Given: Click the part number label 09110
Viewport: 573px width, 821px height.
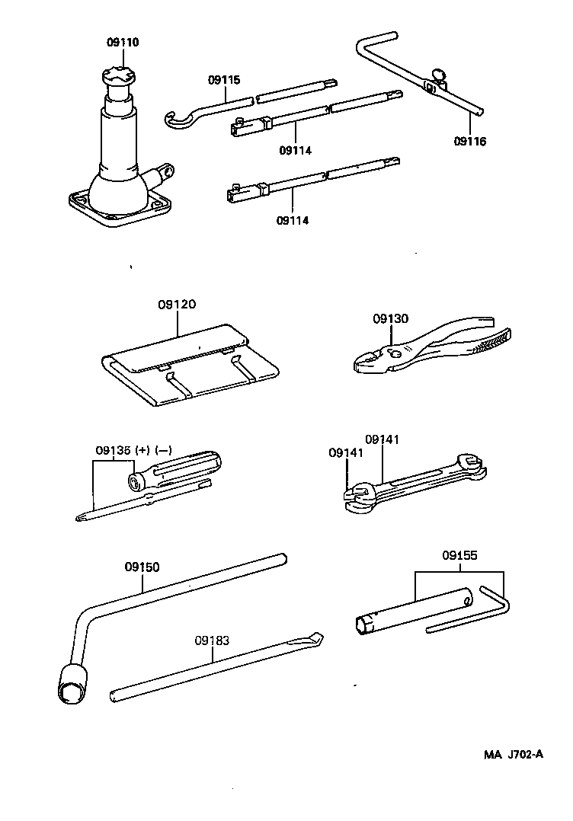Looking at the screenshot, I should [x=118, y=43].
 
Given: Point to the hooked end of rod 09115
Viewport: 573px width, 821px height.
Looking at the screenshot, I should [x=174, y=117].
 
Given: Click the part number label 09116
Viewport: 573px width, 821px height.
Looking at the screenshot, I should [x=469, y=141].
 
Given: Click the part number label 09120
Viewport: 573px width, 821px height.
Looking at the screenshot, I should [x=177, y=304].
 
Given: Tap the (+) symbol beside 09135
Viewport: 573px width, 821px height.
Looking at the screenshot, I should [x=142, y=450].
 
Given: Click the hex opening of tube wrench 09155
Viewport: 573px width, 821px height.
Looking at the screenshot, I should [x=364, y=626].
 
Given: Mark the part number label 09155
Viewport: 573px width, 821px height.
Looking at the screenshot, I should [x=459, y=556].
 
